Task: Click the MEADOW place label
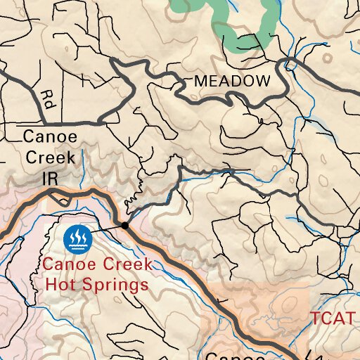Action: point(231,81)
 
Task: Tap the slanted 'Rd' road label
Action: point(47,96)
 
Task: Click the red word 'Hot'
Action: point(60,285)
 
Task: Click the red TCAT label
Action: point(333,318)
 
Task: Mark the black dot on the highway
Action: point(124,225)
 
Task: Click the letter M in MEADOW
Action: point(200,81)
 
